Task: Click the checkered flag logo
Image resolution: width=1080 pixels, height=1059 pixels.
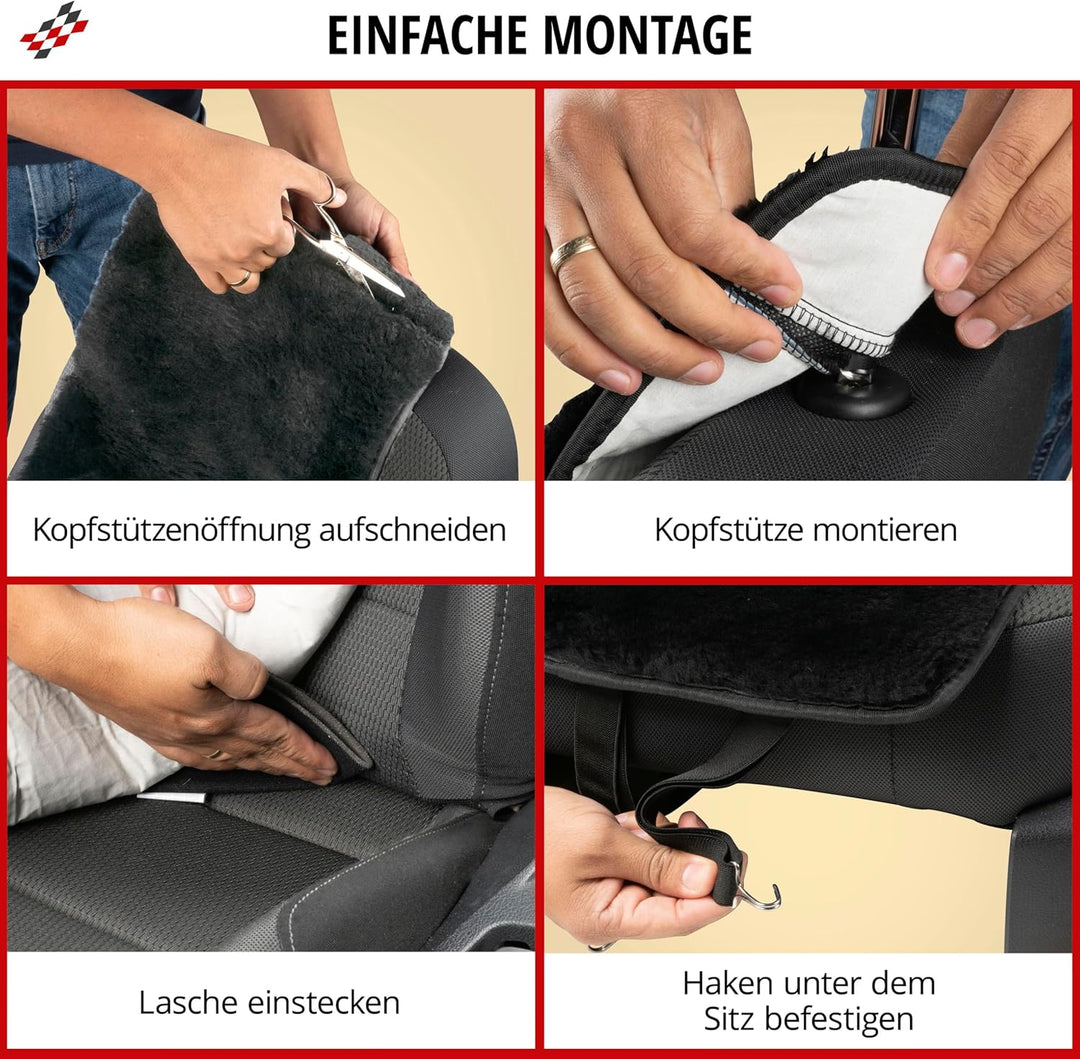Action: pyautogui.click(x=54, y=29)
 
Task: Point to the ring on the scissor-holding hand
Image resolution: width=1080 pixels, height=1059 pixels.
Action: pyautogui.click(x=241, y=279)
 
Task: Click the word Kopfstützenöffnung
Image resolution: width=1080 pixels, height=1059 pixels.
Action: pyautogui.click(x=171, y=530)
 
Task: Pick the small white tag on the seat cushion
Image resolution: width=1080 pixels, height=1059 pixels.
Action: pyautogui.click(x=172, y=797)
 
